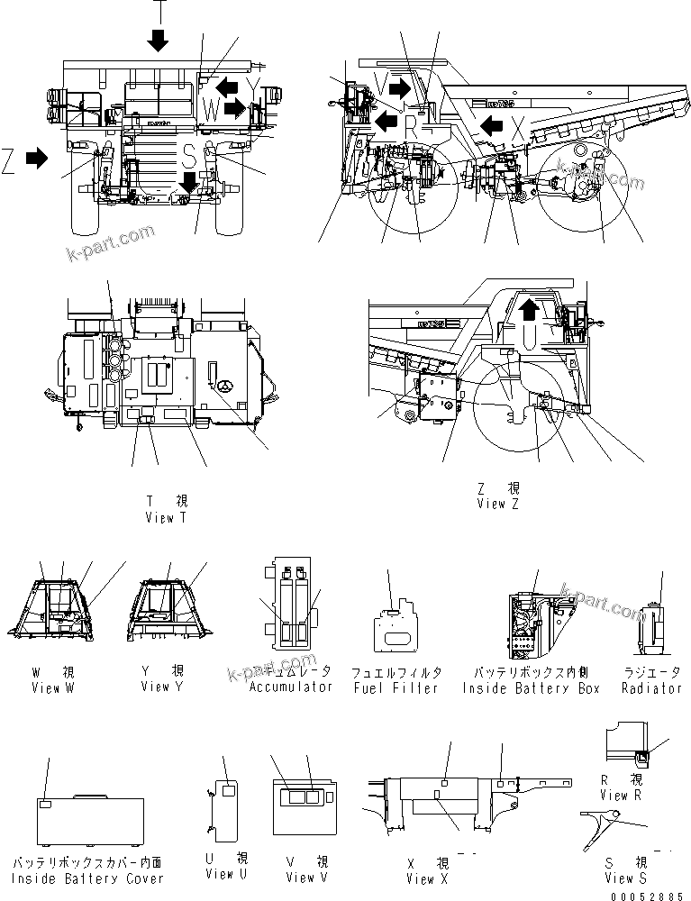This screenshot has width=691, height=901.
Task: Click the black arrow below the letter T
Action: [159, 40]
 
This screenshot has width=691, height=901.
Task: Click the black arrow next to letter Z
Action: [37, 159]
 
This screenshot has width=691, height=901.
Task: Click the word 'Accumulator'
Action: [291, 687]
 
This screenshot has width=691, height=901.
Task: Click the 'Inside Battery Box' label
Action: [531, 687]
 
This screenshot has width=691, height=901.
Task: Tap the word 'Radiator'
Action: [651, 687]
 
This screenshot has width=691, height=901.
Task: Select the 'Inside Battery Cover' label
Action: [87, 878]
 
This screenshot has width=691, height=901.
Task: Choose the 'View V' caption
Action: [300, 877]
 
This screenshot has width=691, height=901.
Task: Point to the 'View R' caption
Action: [621, 795]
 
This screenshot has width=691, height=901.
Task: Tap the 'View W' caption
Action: [58, 687]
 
